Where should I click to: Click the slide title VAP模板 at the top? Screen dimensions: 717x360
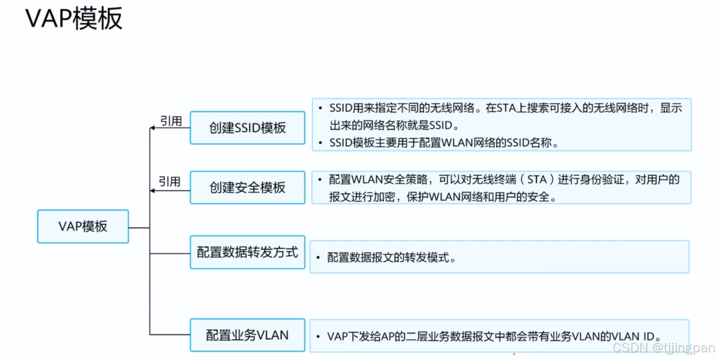coord(74,19)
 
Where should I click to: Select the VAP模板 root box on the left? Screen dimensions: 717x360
coord(83,227)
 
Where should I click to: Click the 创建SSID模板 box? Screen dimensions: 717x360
coord(247,128)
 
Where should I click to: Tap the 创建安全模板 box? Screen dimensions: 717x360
coord(247,187)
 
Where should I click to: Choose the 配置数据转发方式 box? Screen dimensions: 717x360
coord(247,252)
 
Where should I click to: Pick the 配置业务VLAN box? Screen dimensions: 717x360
coord(247,335)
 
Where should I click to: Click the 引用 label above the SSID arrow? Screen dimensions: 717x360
coord(171,121)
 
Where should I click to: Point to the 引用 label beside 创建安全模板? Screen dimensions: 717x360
coord(169,182)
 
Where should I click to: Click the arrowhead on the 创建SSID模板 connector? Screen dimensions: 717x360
coord(153,128)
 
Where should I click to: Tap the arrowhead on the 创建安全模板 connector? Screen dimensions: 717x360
coord(153,191)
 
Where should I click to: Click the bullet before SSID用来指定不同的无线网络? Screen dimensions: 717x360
coord(320,108)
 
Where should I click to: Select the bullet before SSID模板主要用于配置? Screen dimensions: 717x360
coord(320,143)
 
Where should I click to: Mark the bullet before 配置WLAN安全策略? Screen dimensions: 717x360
coord(320,180)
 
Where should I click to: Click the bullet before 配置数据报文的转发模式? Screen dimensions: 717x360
coord(318,258)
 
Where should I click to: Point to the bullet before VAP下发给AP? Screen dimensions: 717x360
coord(318,337)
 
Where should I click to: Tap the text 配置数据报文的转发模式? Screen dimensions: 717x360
coord(391,258)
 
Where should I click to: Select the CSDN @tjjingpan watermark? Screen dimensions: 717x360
coord(663,348)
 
